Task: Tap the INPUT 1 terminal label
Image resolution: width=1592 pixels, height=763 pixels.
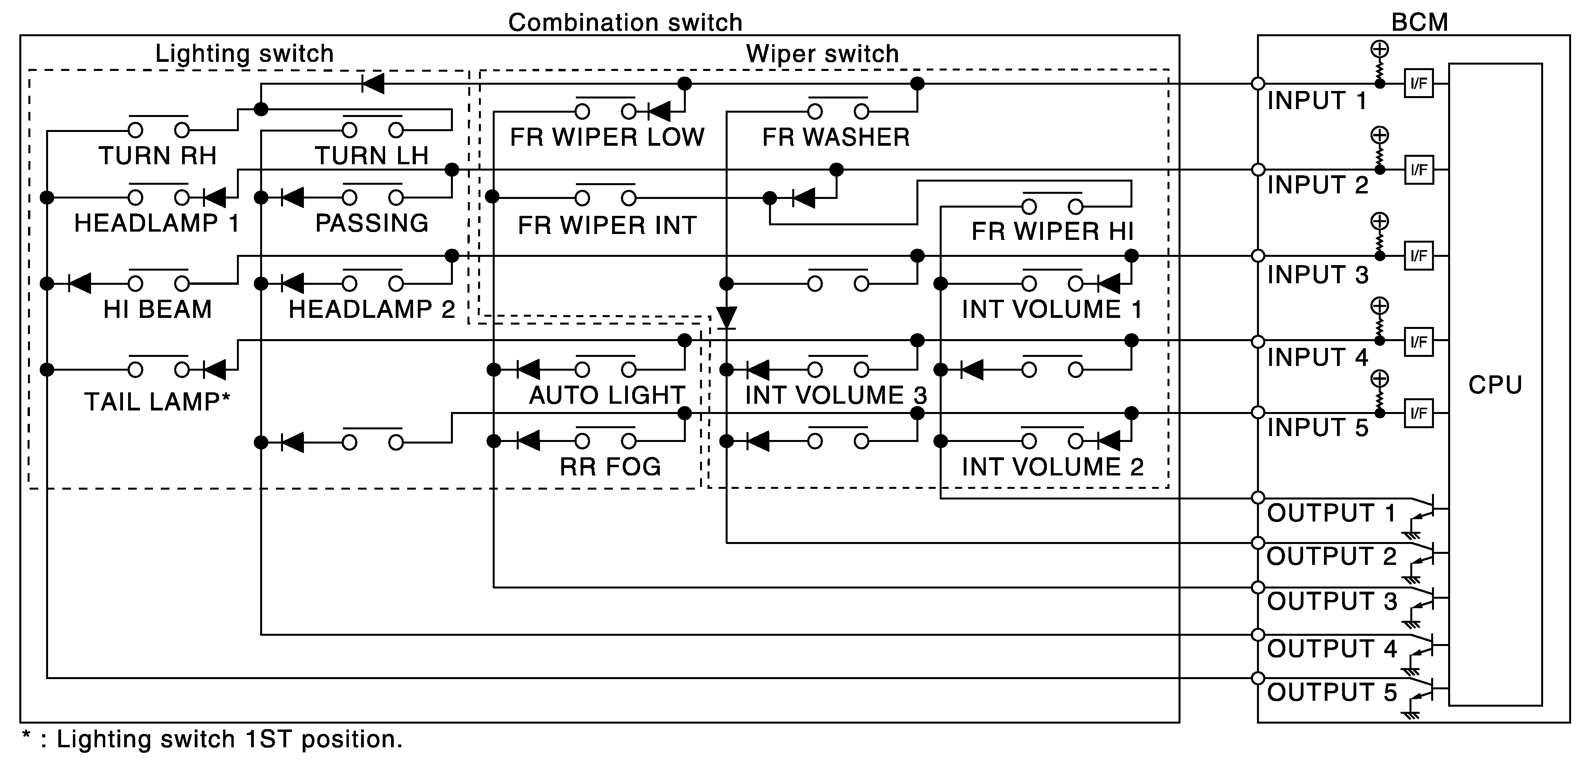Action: click(1317, 101)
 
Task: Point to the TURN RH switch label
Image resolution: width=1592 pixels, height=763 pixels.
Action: click(158, 156)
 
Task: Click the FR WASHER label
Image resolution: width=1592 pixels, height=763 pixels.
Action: click(836, 137)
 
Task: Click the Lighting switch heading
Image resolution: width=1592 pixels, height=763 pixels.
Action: click(244, 54)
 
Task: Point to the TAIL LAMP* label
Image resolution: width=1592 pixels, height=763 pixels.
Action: click(157, 402)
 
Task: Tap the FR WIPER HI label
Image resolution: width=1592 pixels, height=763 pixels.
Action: click(1052, 232)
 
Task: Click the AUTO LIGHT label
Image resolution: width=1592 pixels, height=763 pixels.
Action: click(607, 395)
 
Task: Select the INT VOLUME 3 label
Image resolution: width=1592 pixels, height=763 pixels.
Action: click(836, 395)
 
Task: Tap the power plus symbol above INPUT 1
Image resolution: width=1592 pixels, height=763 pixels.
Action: click(1380, 49)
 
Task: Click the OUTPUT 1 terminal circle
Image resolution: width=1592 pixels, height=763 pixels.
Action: click(1258, 498)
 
